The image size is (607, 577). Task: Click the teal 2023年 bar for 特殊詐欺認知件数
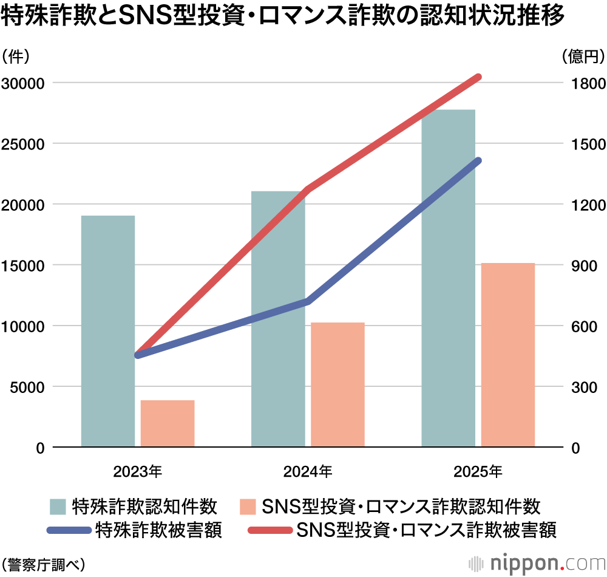[108, 331]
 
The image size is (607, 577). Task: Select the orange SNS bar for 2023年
[168, 423]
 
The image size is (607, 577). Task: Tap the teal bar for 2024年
[278, 319]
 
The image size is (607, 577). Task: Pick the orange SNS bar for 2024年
[337, 384]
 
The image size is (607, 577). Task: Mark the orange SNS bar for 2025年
[508, 355]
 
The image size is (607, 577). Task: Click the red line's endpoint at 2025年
[478, 77]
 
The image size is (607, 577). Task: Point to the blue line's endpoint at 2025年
[478, 161]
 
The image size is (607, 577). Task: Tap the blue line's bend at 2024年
[308, 301]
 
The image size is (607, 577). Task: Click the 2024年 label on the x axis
[308, 470]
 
